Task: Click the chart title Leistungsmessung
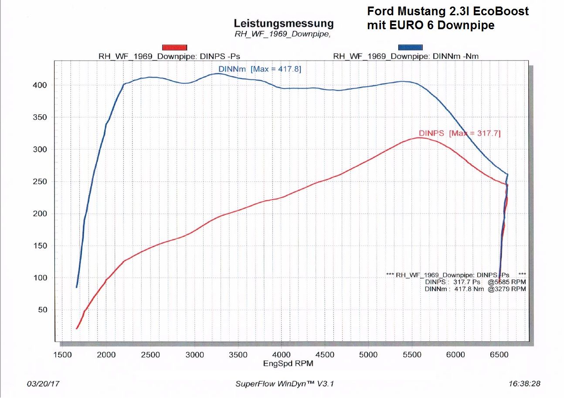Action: tap(284, 23)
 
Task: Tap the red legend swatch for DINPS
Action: tap(174, 47)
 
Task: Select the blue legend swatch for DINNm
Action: tap(410, 47)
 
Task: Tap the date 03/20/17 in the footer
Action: tap(43, 384)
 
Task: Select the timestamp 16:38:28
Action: tap(524, 384)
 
